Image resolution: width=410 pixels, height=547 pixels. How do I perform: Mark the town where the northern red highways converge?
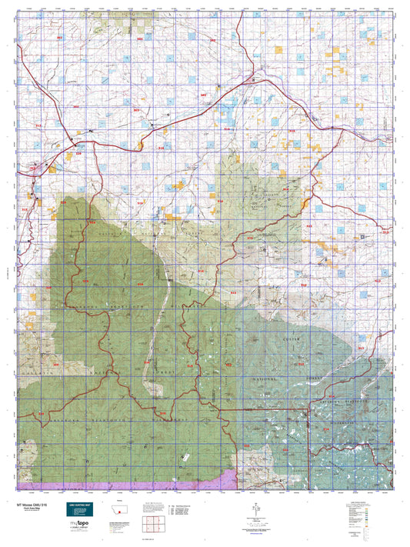[x=255, y=79]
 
